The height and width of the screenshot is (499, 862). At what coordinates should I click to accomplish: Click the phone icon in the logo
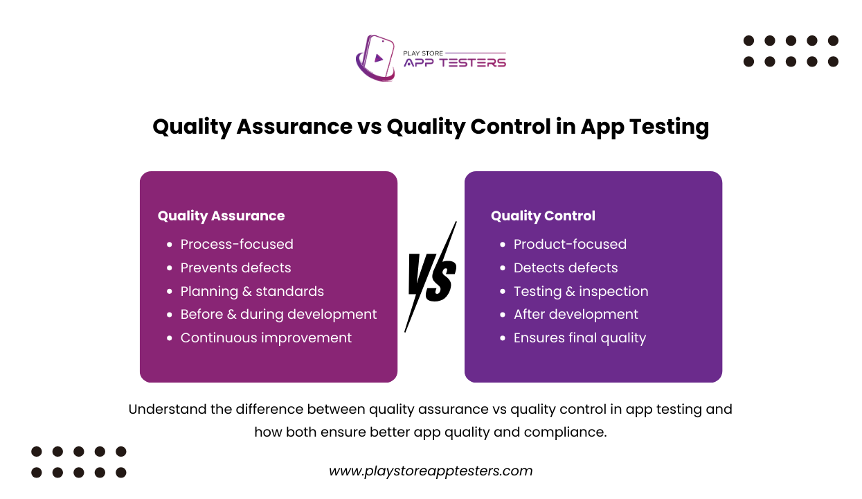[x=376, y=58]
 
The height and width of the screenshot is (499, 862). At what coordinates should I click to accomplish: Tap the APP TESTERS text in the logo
[x=455, y=62]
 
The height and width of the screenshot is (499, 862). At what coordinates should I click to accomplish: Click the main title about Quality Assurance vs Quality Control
[x=431, y=127]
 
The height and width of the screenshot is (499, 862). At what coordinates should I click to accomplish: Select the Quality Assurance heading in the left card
[x=221, y=216]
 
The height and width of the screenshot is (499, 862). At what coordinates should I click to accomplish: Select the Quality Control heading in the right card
[x=543, y=216]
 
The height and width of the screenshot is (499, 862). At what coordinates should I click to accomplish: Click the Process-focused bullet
[x=237, y=244]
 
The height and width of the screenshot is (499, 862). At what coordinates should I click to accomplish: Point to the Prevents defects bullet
[x=235, y=268]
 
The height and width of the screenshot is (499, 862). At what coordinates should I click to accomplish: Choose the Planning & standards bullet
[x=252, y=291]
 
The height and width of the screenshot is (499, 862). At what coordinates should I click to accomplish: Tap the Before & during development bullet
[x=278, y=314]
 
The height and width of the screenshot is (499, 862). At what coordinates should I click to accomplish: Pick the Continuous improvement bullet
[x=266, y=338]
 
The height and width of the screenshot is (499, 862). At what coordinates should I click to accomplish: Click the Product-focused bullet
[x=570, y=244]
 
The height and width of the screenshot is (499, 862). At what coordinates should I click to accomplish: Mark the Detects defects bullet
[x=566, y=268]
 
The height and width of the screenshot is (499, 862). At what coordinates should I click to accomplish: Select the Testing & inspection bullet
[x=581, y=291]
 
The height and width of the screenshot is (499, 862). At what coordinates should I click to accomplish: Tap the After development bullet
[x=576, y=314]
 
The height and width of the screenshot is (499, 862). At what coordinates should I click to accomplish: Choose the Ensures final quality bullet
[x=580, y=338]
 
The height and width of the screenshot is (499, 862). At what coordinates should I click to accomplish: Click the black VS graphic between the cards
[x=431, y=277]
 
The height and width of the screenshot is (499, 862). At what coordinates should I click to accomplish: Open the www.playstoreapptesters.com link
[x=431, y=471]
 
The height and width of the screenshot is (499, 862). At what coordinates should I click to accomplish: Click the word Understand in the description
[x=167, y=409]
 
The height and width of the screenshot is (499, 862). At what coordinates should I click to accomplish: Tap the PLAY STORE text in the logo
[x=423, y=52]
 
